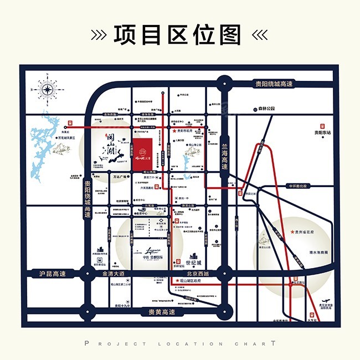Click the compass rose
click(x=47, y=89)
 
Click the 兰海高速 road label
click(x=224, y=152)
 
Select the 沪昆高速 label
click(x=52, y=274)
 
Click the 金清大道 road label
click(x=110, y=274)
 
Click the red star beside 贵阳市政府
click(x=174, y=131)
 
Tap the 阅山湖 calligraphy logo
click(x=110, y=142)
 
